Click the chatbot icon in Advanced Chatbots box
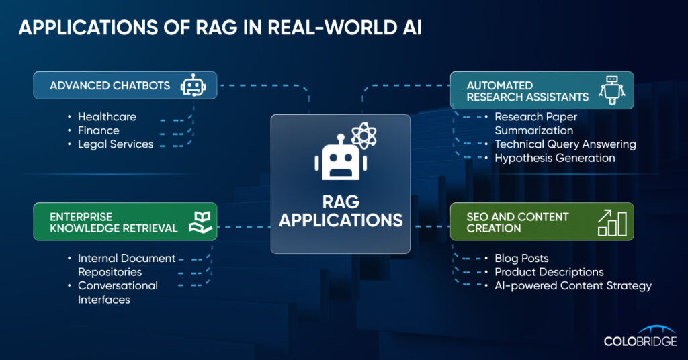click(x=193, y=86)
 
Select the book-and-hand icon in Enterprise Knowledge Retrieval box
click(x=201, y=221)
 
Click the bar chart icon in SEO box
click(x=612, y=222)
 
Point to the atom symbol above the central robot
click(x=363, y=136)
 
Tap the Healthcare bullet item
click(x=107, y=117)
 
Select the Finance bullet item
click(x=98, y=130)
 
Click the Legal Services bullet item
click(x=116, y=144)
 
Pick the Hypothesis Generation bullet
click(x=554, y=159)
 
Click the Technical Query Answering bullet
click(x=565, y=144)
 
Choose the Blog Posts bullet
click(x=521, y=259)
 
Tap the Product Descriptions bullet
click(x=549, y=272)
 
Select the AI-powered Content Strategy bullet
click(x=573, y=286)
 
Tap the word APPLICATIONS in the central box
click(x=341, y=220)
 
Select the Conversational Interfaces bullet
click(x=118, y=293)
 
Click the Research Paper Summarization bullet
click(x=535, y=124)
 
